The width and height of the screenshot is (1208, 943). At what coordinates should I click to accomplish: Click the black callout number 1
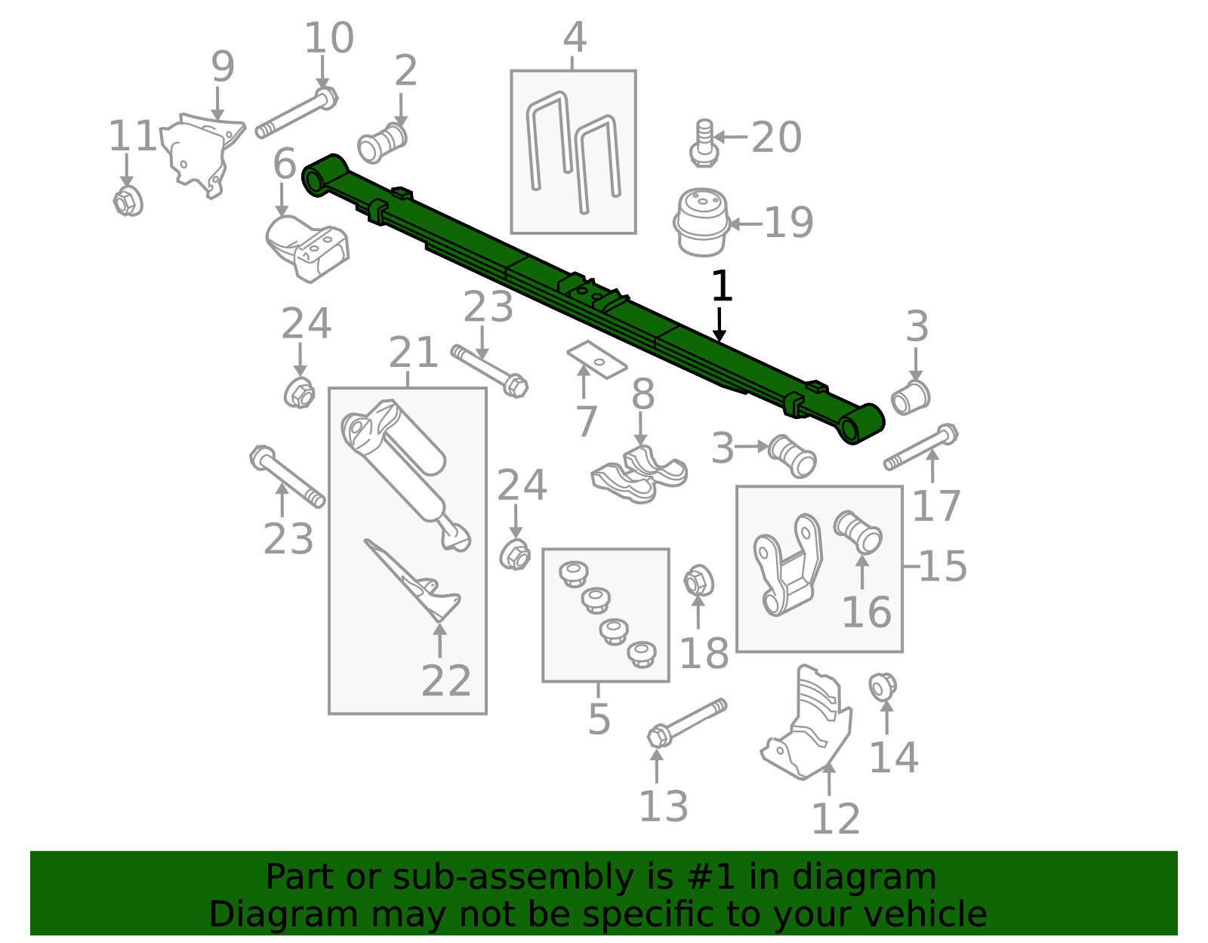pos(722,287)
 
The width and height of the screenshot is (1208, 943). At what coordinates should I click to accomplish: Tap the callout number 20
pos(776,137)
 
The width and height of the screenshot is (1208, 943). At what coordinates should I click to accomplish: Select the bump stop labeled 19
pos(701,222)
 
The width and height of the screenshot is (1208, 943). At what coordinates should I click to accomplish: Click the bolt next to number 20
pos(704,143)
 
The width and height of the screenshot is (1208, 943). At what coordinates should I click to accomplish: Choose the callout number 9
pos(222,67)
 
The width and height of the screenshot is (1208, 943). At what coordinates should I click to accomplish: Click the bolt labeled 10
pos(296,116)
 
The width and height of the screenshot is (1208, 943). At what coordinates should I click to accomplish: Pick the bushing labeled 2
pos(382,142)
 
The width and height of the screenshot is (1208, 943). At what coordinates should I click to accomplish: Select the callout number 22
pos(445,681)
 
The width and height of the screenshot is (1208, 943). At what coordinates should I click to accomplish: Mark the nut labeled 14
pos(882,687)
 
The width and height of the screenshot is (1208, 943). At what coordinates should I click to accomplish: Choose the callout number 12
pos(835,818)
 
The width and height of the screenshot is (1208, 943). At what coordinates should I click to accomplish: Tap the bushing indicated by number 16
pos(858,531)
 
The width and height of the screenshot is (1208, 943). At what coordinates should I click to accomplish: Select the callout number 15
pos(943,566)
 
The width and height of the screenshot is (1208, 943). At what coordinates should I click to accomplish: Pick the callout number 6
pos(285,164)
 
